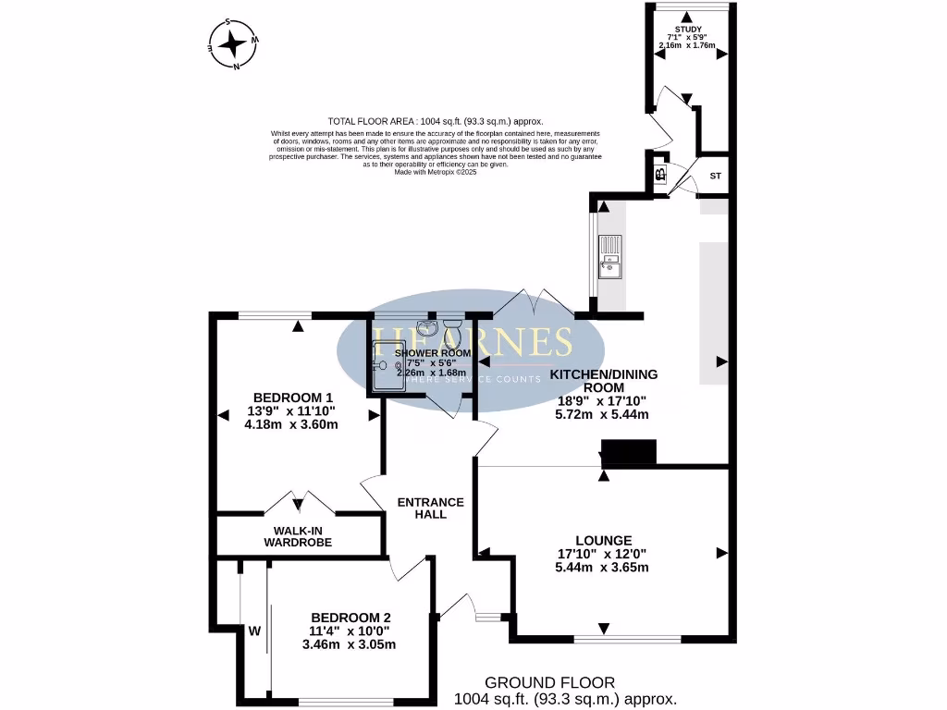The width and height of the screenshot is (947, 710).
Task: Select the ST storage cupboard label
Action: click(715, 176)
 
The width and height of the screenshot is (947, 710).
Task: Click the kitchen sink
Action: click(610, 256)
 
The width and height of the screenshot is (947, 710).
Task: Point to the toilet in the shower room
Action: click(451, 328)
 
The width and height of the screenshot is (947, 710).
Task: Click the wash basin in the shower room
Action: click(426, 329)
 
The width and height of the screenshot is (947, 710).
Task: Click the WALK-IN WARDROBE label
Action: click(298, 536)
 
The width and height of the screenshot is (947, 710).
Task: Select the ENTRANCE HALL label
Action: click(430, 508)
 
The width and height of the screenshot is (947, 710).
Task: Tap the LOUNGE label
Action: click(603, 540)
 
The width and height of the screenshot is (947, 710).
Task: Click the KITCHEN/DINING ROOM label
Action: click(604, 381)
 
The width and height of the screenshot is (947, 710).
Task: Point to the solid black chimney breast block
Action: click(629, 451)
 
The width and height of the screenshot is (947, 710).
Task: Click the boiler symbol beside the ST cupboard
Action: click(661, 175)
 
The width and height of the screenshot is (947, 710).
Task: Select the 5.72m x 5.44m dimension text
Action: click(604, 414)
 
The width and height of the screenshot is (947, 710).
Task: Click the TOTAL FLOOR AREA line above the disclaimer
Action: click(436, 121)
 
